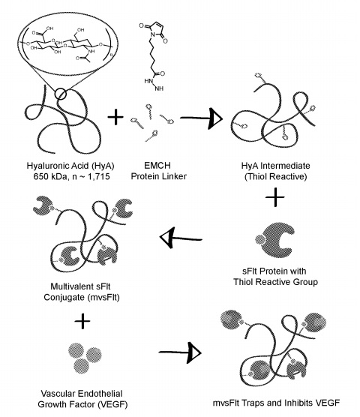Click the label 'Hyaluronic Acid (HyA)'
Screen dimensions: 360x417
click(70, 166)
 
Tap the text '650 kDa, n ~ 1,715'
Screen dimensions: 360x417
click(71, 176)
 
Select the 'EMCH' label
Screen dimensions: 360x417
click(157, 166)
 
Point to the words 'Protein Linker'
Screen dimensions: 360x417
click(159, 176)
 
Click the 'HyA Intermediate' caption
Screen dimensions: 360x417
click(276, 166)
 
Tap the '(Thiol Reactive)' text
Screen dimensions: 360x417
click(276, 176)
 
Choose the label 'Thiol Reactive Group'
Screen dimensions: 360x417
click(276, 282)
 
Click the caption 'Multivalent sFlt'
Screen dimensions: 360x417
click(80, 286)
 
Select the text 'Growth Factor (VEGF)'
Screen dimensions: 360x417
click(82, 404)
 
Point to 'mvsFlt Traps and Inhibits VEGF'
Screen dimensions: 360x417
click(276, 403)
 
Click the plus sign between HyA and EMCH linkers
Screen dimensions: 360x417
click(115, 117)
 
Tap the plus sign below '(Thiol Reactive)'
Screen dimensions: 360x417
click(275, 197)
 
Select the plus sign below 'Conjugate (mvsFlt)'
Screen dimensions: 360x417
click(82, 321)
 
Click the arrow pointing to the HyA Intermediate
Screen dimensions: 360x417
click(201, 118)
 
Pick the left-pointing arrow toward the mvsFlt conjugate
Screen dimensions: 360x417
click(181, 238)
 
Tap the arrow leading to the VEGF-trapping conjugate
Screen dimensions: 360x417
click(180, 352)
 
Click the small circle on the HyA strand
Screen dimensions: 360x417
click(61, 94)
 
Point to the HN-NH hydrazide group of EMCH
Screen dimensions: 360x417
click(154, 85)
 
